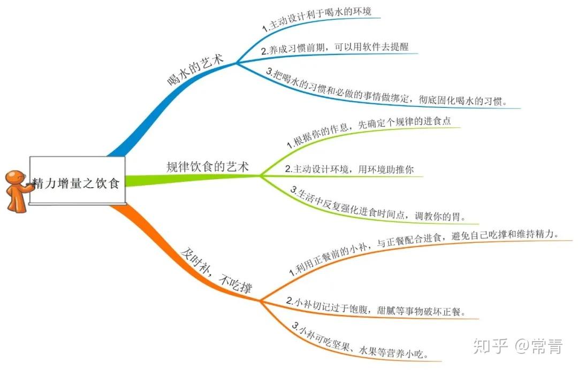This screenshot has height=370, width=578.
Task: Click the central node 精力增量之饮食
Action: click(x=77, y=182)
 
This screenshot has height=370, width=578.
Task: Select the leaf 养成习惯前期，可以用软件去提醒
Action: click(x=334, y=49)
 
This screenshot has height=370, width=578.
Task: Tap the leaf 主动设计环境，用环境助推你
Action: click(x=349, y=169)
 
